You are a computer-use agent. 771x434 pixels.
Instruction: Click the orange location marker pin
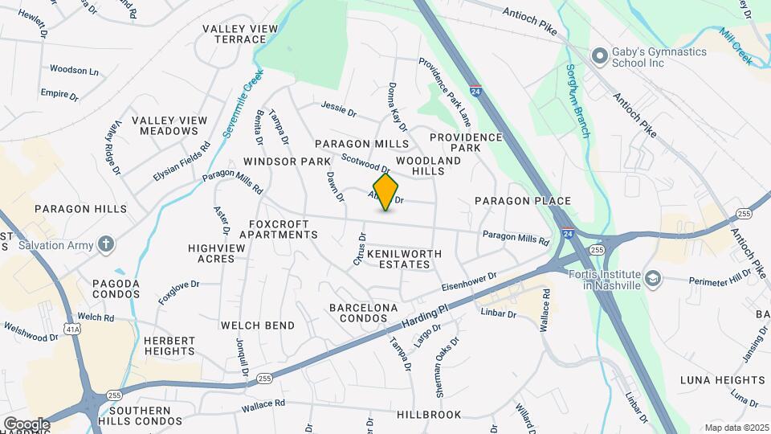pyautogui.click(x=386, y=191)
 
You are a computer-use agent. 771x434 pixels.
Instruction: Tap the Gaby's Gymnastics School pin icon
pyautogui.click(x=598, y=56)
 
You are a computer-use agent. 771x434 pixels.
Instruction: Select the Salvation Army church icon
pyautogui.click(x=106, y=244)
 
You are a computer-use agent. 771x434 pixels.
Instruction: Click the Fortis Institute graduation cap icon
pyautogui.click(x=654, y=279)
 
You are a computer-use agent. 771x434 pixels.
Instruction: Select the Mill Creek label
pyautogui.click(x=735, y=46)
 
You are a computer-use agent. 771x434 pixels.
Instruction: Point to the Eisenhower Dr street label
pyautogui.click(x=469, y=281)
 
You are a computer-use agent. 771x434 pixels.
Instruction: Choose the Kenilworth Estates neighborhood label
pyautogui.click(x=405, y=258)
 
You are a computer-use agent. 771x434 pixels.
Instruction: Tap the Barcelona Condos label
pyautogui.click(x=364, y=313)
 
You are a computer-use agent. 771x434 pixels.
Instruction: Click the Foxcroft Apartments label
pyautogui.click(x=284, y=229)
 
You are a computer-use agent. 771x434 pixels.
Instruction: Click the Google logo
pyautogui.click(x=27, y=424)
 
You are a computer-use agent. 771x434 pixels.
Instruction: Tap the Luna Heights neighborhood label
pyautogui.click(x=723, y=379)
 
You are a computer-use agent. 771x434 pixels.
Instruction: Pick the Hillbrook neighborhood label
pyautogui.click(x=429, y=415)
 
